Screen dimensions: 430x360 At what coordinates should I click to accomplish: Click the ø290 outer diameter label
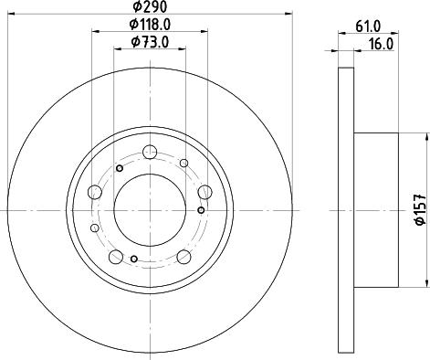(150, 6)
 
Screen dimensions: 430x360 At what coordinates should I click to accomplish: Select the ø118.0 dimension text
(150, 25)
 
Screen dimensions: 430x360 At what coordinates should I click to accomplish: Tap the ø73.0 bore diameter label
(150, 42)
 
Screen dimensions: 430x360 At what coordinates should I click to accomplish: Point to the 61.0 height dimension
(368, 26)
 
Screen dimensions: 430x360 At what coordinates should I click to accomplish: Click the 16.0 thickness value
(382, 45)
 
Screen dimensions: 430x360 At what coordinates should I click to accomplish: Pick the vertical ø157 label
(421, 209)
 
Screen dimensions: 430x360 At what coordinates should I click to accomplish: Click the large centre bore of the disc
(150, 210)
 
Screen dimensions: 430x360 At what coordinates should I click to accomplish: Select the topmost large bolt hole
(150, 152)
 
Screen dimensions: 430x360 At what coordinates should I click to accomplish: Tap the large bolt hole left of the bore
(95, 192)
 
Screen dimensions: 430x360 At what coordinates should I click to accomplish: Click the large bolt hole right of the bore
(205, 192)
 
